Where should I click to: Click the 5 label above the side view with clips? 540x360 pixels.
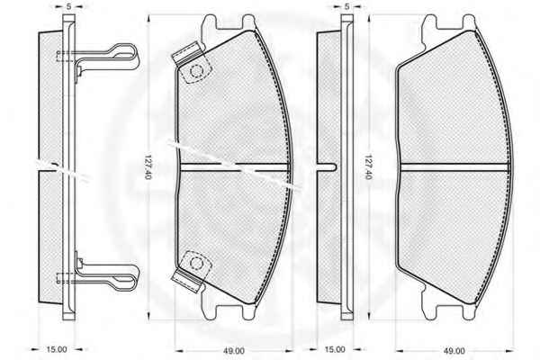click(x=69, y=6)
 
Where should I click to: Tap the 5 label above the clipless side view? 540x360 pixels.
click(x=347, y=6)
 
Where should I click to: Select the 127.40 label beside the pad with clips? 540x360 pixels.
click(x=148, y=167)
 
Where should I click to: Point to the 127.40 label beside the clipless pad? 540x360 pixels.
click(x=368, y=167)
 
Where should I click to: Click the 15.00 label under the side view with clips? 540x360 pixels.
click(x=57, y=349)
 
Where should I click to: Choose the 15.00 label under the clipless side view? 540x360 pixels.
click(x=335, y=349)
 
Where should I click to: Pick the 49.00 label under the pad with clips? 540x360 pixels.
click(x=234, y=351)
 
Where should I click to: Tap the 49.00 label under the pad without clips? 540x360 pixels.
click(x=454, y=351)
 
